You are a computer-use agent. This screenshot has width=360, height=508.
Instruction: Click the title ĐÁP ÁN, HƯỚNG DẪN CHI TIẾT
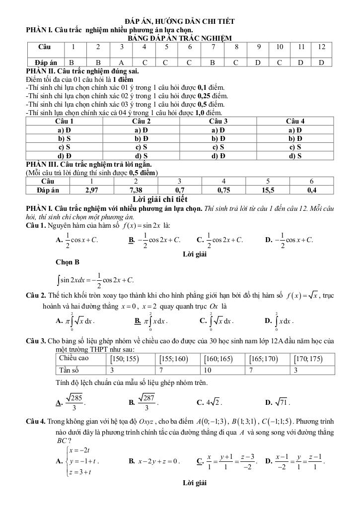(x=180, y=21)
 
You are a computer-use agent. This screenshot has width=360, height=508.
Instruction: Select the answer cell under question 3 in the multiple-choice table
(x=122, y=63)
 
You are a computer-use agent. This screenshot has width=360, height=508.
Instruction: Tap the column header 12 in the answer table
(x=321, y=47)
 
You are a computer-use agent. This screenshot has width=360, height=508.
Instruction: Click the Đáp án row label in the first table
(x=46, y=63)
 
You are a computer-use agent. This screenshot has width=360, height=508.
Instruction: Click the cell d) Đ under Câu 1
(x=64, y=155)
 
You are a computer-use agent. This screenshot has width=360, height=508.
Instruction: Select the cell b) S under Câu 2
(x=142, y=138)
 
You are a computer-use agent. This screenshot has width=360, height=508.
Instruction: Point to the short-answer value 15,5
(x=268, y=190)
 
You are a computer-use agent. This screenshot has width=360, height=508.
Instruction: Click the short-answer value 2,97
(x=91, y=190)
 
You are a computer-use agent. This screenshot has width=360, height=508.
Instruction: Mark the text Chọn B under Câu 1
(x=68, y=262)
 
